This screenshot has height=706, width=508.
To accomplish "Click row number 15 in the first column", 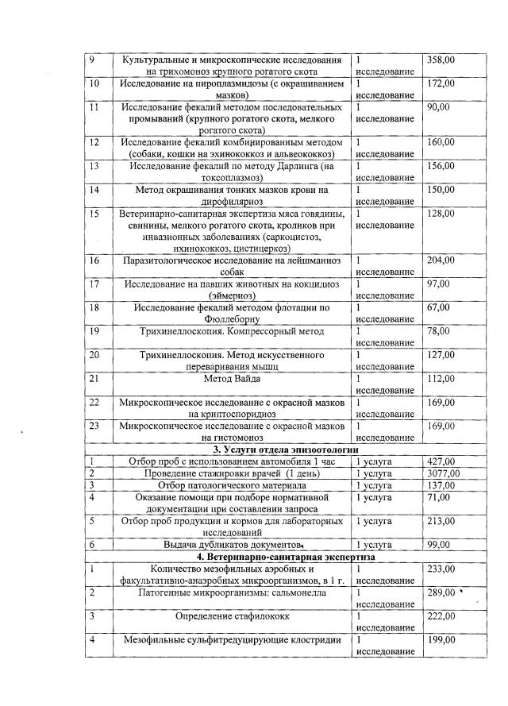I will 94,214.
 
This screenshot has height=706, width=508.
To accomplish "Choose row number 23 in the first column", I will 94,426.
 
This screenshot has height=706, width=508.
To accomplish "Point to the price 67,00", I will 437,307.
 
